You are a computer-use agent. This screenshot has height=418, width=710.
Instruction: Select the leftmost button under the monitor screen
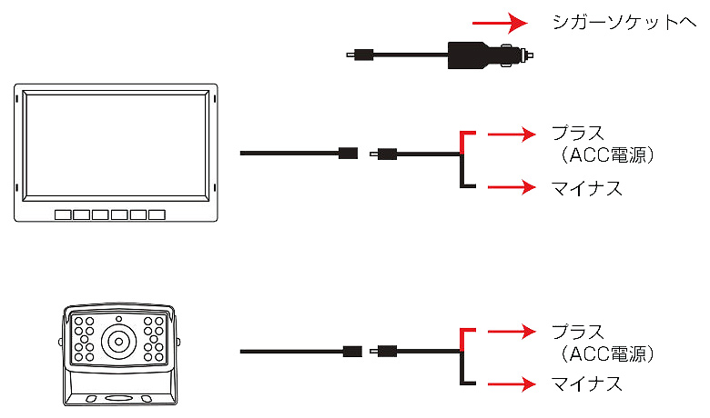[x=63, y=215]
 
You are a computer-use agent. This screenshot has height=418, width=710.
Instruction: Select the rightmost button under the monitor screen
[x=157, y=215]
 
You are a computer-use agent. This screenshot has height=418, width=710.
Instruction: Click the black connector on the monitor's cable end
[x=346, y=153]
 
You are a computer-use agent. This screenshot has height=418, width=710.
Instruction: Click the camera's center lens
[x=118, y=343]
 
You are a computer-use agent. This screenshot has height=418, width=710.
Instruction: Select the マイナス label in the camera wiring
[x=587, y=384]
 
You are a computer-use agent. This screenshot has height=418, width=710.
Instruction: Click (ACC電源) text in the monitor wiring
[x=603, y=154]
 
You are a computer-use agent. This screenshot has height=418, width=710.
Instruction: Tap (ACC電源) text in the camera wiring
[x=603, y=352]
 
